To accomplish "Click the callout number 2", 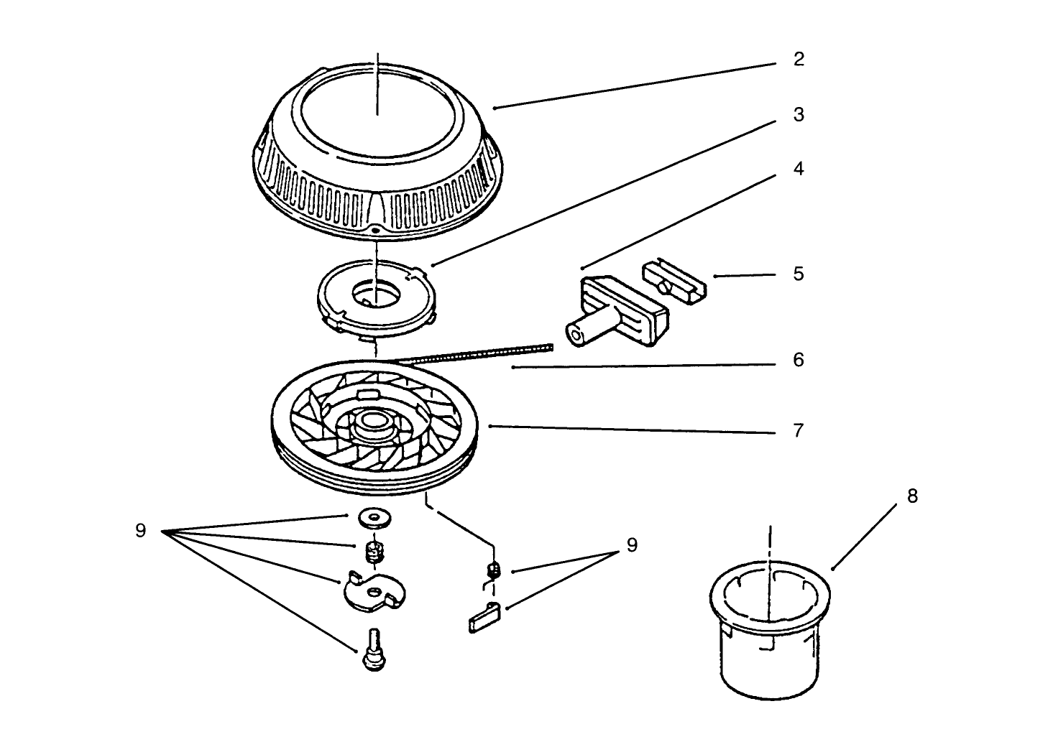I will (x=799, y=59).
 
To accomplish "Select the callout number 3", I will (x=799, y=115).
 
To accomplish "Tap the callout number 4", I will (x=799, y=169).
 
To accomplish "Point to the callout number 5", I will (x=799, y=274).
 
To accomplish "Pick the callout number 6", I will (x=799, y=360).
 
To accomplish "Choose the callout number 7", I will (x=799, y=431).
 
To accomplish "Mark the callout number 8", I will (x=912, y=496).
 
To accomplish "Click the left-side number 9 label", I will (x=140, y=531).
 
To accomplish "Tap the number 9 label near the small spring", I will (x=631, y=545).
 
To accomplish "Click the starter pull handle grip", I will (x=618, y=312).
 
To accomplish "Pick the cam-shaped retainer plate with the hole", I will (x=374, y=591).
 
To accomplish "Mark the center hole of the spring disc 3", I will (x=377, y=294).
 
